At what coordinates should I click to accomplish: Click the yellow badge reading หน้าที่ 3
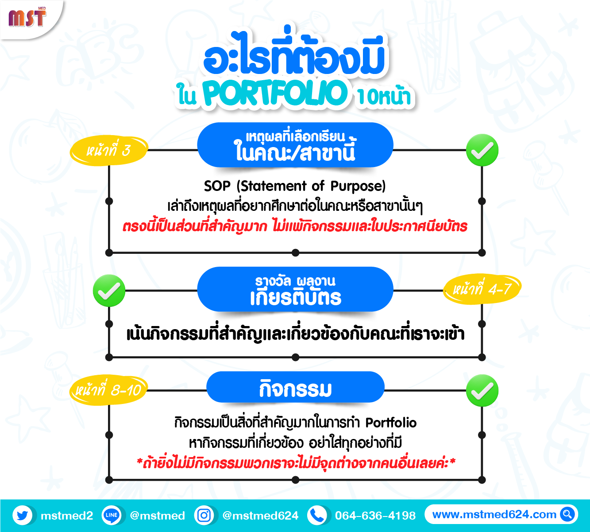click(x=108, y=151)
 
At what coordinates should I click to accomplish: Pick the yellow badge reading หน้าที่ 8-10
click(x=108, y=390)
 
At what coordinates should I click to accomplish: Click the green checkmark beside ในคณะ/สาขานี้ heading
click(x=482, y=150)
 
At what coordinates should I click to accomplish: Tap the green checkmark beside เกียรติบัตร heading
click(x=109, y=291)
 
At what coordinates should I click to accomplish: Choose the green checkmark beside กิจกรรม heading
click(x=482, y=391)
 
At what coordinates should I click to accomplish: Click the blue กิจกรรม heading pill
click(x=295, y=387)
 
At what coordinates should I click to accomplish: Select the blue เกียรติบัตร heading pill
click(x=295, y=289)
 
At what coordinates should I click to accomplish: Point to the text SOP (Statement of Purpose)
click(x=295, y=186)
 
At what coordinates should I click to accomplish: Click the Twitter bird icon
click(x=23, y=515)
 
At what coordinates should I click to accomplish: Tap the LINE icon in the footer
click(x=111, y=515)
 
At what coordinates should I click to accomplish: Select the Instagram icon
click(x=204, y=515)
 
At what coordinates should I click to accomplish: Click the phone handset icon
click(x=317, y=515)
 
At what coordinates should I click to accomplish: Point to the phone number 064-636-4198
click(x=375, y=516)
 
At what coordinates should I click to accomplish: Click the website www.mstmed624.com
click(x=494, y=515)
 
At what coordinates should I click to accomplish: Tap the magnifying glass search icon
click(x=567, y=514)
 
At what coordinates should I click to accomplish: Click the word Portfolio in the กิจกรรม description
click(x=391, y=423)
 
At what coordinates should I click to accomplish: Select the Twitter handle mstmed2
click(x=67, y=516)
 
